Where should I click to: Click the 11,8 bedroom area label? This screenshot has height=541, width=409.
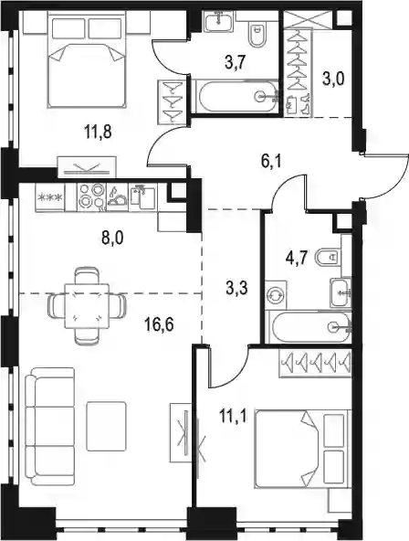point(98,132)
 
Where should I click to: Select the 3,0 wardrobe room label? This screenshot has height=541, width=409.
point(333,80)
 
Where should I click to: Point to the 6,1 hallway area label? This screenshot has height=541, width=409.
point(271,161)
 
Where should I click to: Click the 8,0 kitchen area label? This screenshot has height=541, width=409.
point(112,239)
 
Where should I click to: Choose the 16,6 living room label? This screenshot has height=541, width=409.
point(159,324)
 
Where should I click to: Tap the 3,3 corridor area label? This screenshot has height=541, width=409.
point(237,289)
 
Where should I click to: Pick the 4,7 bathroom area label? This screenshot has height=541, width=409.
point(297,258)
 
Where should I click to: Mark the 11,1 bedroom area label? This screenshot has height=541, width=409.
point(233,417)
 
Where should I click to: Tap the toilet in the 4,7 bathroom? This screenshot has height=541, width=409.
point(329,257)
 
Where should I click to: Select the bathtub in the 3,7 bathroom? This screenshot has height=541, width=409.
point(235,96)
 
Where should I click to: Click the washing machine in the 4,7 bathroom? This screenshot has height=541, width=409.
point(277,294)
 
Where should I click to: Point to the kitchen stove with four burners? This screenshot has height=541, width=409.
point(91,197)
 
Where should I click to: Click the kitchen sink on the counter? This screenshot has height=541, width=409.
point(142,197)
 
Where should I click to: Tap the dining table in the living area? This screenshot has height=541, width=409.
point(87,306)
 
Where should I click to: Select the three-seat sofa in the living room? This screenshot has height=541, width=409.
point(49,427)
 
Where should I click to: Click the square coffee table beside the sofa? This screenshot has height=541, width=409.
point(107,426)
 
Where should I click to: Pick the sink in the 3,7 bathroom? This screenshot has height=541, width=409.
point(218,19)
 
